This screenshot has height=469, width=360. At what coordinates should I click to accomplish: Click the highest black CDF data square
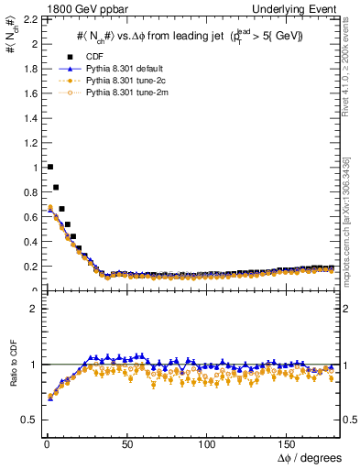[50, 167]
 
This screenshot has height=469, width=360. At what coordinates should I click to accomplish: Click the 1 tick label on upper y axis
[35, 167]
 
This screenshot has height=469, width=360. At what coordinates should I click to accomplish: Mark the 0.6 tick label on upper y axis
[29, 216]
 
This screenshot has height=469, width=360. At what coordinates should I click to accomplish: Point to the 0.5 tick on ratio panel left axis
[29, 420]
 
